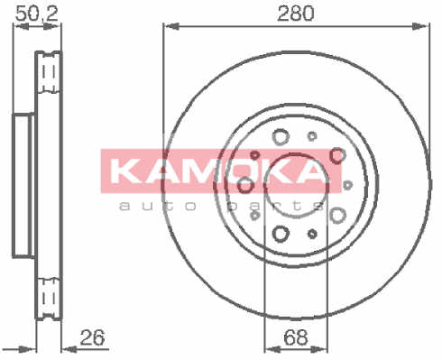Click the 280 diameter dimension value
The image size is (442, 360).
pyautogui.click(x=295, y=14)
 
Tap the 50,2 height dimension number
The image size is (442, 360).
pyautogui.click(x=36, y=14)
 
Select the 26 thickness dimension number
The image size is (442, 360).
pyautogui.click(x=93, y=337)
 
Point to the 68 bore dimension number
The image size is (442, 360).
pyautogui.click(x=296, y=337)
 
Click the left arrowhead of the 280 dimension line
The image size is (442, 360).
pyautogui.click(x=170, y=26)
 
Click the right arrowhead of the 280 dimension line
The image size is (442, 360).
pyautogui.click(x=420, y=26)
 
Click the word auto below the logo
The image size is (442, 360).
pyautogui.click(x=158, y=206)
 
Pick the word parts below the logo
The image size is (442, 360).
pyautogui.click(x=275, y=207)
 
